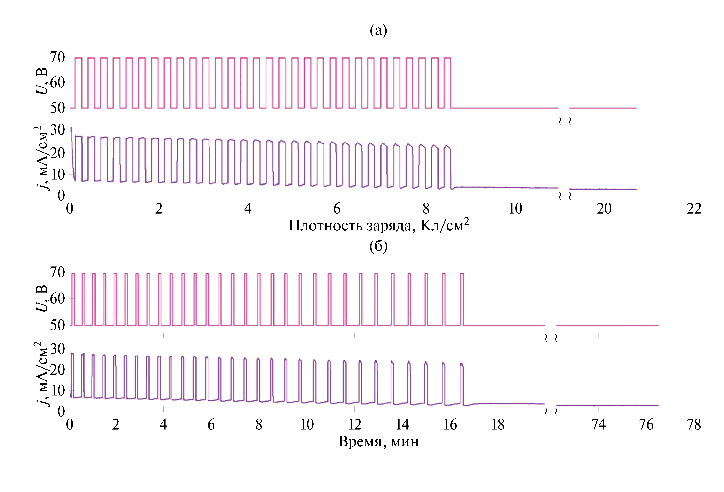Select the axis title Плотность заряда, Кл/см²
coord(378,225)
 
